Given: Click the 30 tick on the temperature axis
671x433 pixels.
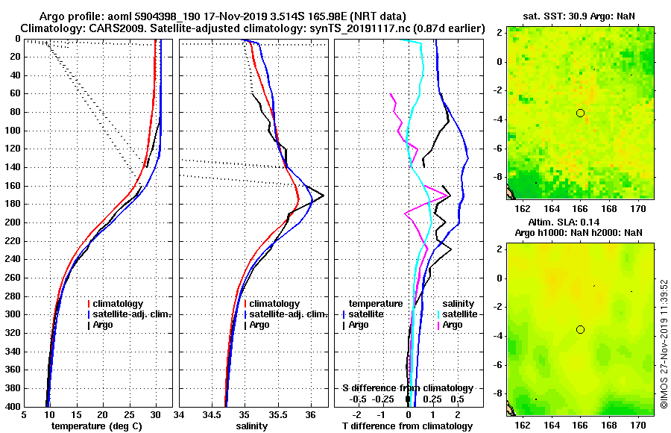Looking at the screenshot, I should point(155,415).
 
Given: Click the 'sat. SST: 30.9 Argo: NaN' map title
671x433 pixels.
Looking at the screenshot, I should point(580,16).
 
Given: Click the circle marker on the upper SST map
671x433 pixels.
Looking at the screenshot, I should point(580,113).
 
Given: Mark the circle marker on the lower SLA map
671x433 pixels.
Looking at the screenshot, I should point(580,329).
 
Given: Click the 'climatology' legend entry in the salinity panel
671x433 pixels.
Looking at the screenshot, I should point(274,304).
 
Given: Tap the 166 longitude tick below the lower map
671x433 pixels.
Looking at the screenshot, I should point(580,424).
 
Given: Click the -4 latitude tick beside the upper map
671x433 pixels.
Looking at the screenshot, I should point(500,119).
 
